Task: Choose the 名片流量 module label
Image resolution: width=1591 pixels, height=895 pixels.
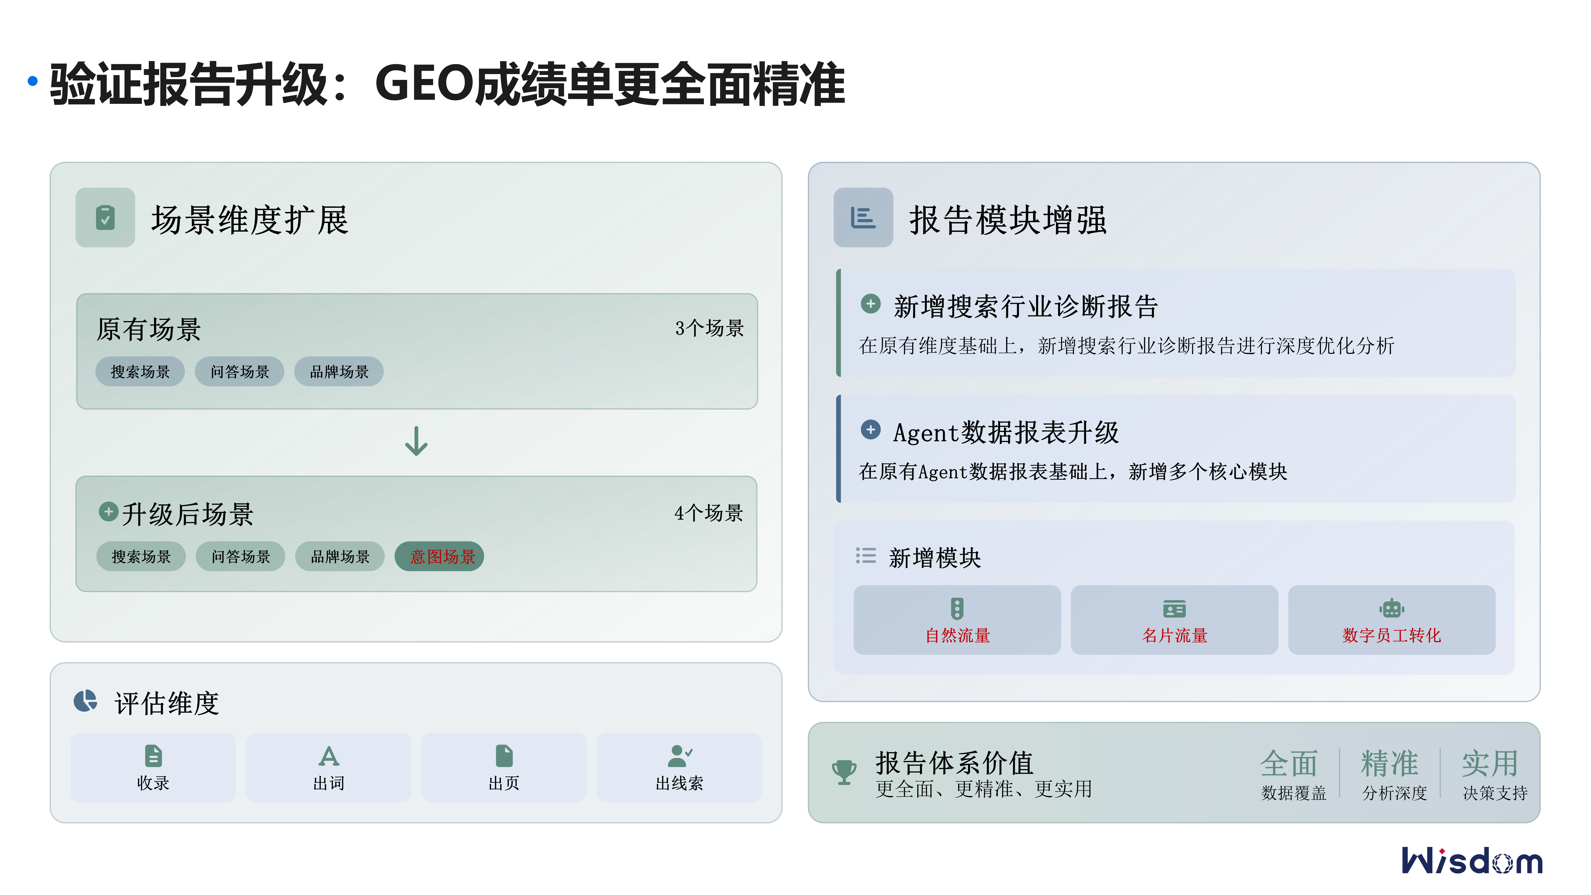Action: pos(1174,636)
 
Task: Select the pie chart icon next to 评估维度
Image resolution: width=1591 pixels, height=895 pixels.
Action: pos(85,701)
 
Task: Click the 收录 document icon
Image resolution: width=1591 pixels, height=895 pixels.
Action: pos(153,755)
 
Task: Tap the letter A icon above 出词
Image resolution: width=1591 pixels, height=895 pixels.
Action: pos(329,755)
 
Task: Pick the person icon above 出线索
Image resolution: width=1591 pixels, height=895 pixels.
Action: pos(679,755)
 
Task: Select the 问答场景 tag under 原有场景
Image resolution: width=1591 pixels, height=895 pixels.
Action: pos(240,372)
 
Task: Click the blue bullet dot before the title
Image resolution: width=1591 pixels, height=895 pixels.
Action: pos(33,81)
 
